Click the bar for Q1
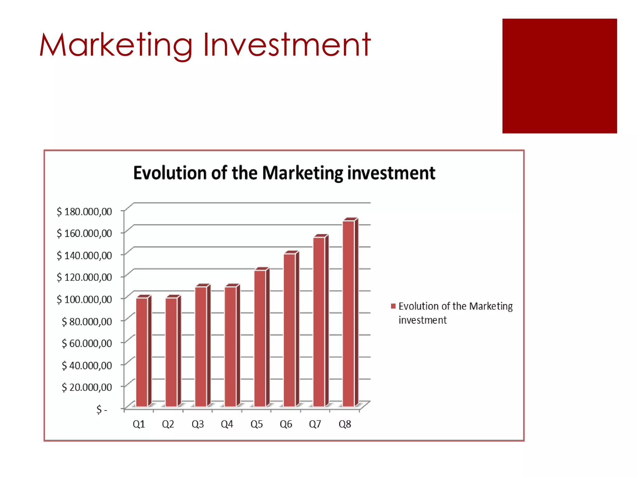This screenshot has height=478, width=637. (142, 352)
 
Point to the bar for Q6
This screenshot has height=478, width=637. (290, 330)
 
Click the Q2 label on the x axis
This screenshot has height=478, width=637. (168, 424)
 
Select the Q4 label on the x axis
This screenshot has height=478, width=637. (227, 424)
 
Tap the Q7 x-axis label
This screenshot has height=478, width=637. (315, 424)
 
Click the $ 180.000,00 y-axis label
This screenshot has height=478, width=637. (84, 212)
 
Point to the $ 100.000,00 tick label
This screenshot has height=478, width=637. (84, 299)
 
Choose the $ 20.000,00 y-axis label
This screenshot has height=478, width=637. (86, 387)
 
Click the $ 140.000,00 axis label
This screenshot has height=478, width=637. (84, 255)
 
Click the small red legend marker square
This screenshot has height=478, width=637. (393, 306)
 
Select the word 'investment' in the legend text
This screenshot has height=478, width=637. (422, 320)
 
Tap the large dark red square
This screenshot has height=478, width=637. (559, 76)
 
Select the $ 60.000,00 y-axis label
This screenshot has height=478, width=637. (86, 343)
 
